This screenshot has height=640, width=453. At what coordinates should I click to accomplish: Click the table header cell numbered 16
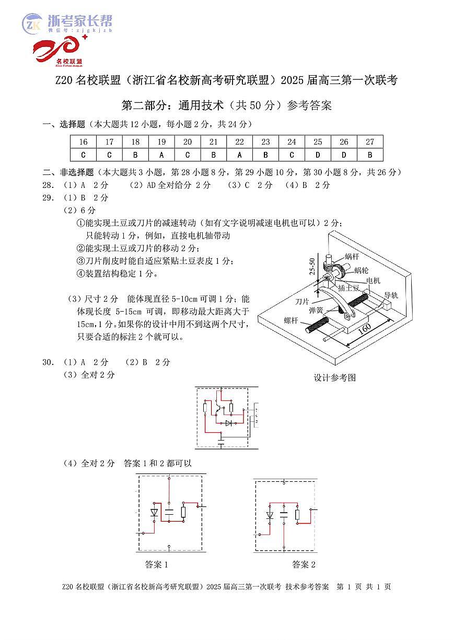84,142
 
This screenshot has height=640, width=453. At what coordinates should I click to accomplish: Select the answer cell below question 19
161,155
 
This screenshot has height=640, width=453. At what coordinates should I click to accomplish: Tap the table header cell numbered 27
370,142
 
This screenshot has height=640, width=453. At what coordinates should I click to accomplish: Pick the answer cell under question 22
240,155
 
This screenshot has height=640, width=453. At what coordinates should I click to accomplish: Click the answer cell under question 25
318,155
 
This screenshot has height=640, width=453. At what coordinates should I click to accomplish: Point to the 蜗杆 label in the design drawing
352,257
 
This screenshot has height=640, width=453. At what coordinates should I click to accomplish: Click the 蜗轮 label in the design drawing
361,270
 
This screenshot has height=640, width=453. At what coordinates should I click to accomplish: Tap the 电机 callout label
373,281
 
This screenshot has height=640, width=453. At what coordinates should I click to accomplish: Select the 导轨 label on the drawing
391,295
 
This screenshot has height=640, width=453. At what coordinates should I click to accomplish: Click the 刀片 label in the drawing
302,301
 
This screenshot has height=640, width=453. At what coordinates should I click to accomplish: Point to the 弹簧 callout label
316,310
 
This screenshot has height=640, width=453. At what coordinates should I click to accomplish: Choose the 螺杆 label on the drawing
291,321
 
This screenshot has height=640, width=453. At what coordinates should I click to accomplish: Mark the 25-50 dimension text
312,267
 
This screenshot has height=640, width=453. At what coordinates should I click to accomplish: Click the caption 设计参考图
334,377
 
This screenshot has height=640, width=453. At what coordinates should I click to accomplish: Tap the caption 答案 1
157,564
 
